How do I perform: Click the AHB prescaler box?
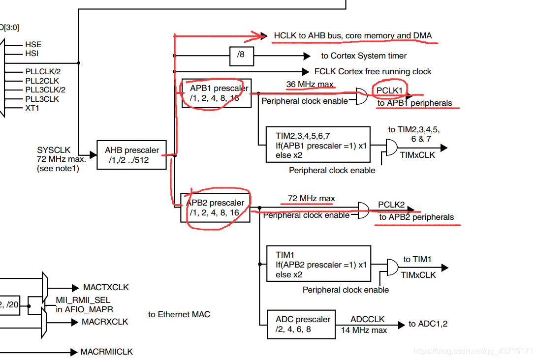point(131,155)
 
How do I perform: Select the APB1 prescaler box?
point(216,93)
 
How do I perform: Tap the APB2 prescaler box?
point(216,208)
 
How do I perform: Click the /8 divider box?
point(241,56)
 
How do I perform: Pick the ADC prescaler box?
point(301,325)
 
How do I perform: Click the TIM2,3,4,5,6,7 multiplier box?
point(317,145)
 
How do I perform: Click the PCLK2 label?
point(391,205)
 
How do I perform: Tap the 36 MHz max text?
point(310,84)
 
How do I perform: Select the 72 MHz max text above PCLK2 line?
point(311,198)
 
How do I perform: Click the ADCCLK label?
point(367,319)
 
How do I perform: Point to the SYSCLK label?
point(54,150)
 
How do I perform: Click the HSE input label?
point(33,45)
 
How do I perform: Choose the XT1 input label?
point(32,108)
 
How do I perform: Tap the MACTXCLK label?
point(105,287)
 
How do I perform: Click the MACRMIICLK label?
point(106,352)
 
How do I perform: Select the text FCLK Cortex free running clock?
point(373,71)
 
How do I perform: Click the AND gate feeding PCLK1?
point(361,96)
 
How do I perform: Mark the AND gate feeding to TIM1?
point(393,268)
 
